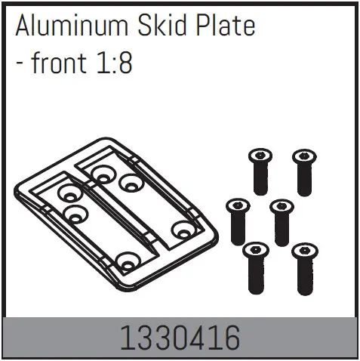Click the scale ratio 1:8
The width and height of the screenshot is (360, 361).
pyautogui.click(x=113, y=63)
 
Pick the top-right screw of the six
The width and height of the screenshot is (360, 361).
pyautogui.click(x=303, y=170)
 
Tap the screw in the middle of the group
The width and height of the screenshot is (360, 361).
pyautogui.click(x=281, y=219)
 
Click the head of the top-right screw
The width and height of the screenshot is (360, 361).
pyautogui.click(x=303, y=156)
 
